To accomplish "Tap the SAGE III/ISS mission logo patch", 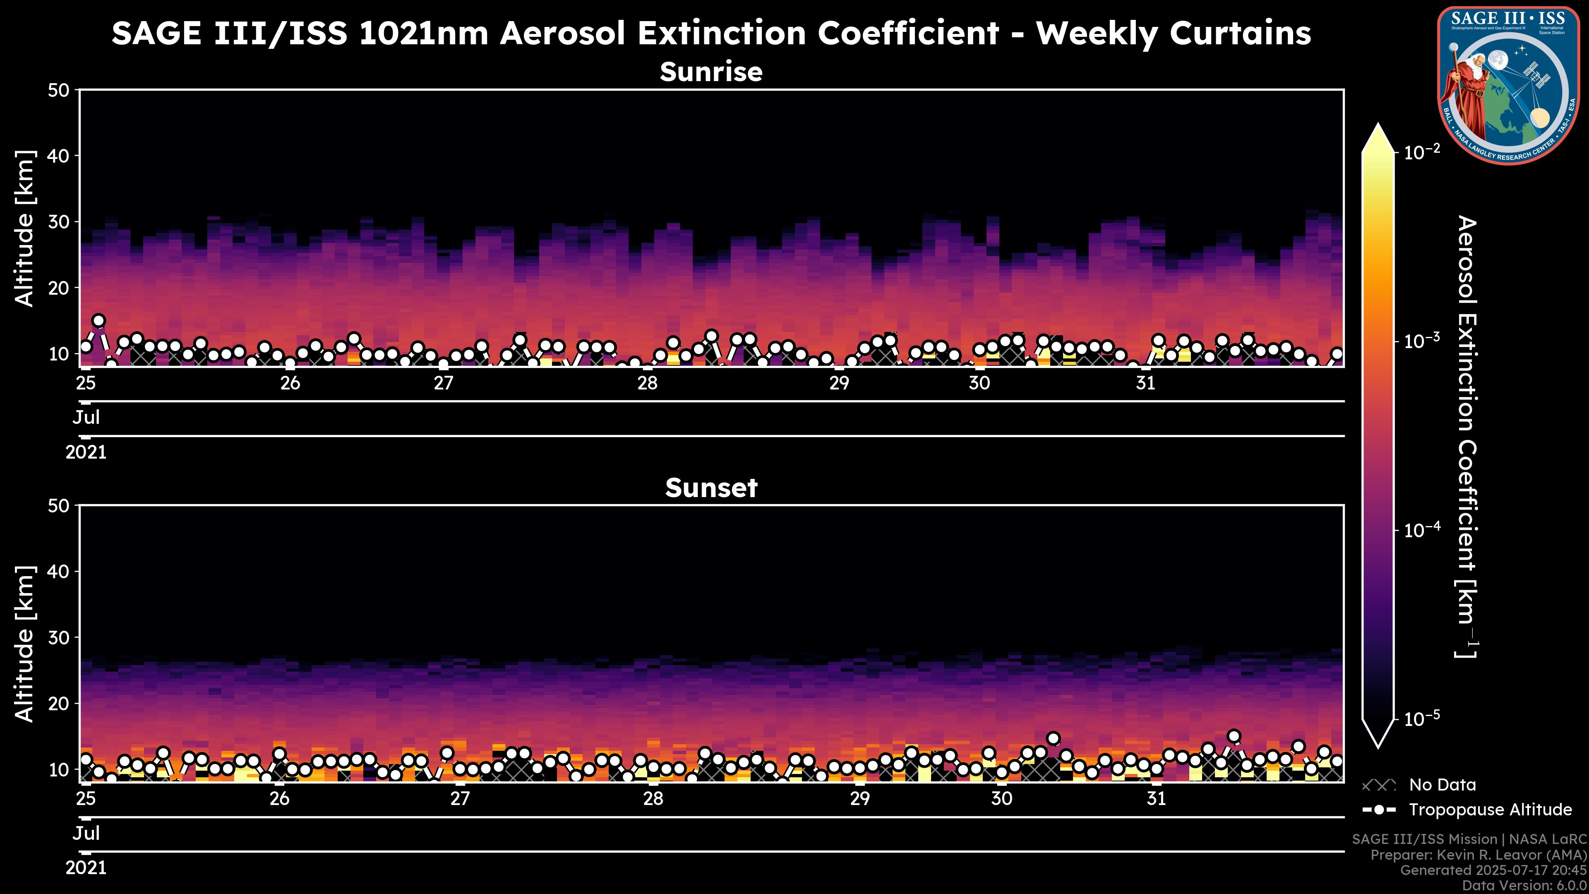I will (x=1508, y=85).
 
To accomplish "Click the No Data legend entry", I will (x=1442, y=785).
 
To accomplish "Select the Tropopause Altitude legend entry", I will (x=1490, y=810).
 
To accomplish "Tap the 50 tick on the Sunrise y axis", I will (x=60, y=91).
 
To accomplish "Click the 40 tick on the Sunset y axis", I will (x=60, y=571).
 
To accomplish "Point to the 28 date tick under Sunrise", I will (x=648, y=383).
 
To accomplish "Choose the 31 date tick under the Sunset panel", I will (x=1157, y=799).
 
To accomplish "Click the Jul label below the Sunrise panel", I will (x=86, y=418).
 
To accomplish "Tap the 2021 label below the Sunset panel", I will (x=86, y=868).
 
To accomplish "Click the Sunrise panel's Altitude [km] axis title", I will (x=25, y=228).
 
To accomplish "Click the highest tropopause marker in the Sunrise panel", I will (x=99, y=321).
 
